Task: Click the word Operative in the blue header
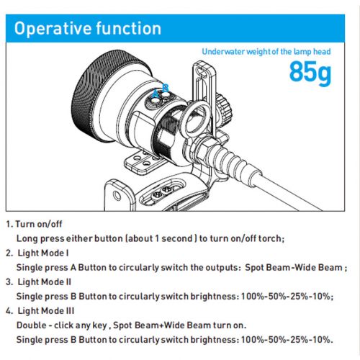coord(53,29)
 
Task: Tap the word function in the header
coord(129,28)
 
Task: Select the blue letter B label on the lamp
coord(166,88)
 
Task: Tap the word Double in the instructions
coord(32,325)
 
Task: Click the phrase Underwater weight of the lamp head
coord(266,52)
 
